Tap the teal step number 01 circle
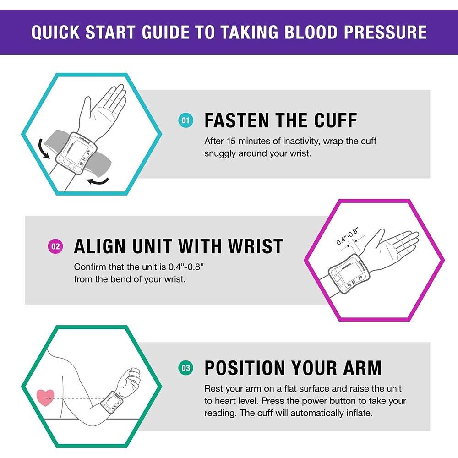click(x=185, y=121)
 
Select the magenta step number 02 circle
click(x=55, y=247)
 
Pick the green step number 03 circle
click(x=185, y=368)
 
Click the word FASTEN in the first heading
click(x=235, y=121)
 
